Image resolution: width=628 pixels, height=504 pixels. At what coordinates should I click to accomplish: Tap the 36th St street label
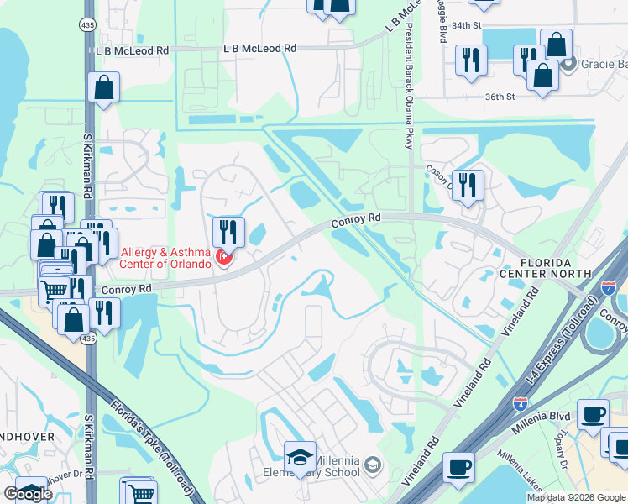pos(499,97)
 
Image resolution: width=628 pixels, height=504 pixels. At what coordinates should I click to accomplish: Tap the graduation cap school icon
pos(300,455)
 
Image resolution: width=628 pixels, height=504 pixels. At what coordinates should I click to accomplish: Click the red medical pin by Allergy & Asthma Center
pos(223,257)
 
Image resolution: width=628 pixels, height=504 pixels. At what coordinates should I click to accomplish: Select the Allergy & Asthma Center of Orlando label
pos(166,258)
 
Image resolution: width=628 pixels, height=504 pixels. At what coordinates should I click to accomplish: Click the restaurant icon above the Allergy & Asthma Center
pos(228,231)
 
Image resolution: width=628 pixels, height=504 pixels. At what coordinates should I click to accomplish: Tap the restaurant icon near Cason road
pos(468,184)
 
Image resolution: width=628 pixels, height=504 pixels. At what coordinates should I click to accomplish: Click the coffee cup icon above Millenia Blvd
pos(593,413)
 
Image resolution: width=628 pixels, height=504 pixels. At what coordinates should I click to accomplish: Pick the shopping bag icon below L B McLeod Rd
pos(103,87)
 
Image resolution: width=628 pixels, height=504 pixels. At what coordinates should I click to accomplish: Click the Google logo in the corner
pos(28,494)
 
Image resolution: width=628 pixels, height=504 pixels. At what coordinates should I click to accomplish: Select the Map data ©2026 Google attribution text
pos(576,497)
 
